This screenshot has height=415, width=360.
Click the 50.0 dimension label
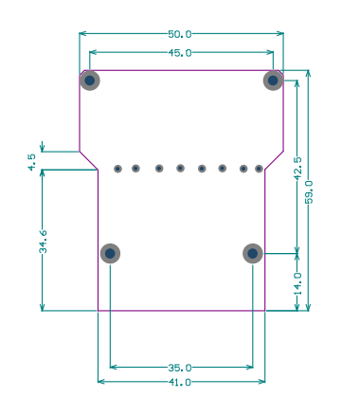(x=179, y=34)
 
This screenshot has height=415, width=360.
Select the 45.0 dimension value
(x=179, y=53)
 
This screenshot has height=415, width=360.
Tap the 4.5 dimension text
(x=32, y=162)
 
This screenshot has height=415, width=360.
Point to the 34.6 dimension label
(x=43, y=242)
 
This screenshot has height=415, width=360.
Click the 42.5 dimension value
(x=297, y=169)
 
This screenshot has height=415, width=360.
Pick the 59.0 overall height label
(x=309, y=192)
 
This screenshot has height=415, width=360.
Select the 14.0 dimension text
(x=297, y=283)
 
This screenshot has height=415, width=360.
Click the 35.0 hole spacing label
(x=179, y=368)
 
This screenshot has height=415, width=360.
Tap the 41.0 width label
(x=179, y=382)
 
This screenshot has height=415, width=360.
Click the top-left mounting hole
(x=90, y=81)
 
